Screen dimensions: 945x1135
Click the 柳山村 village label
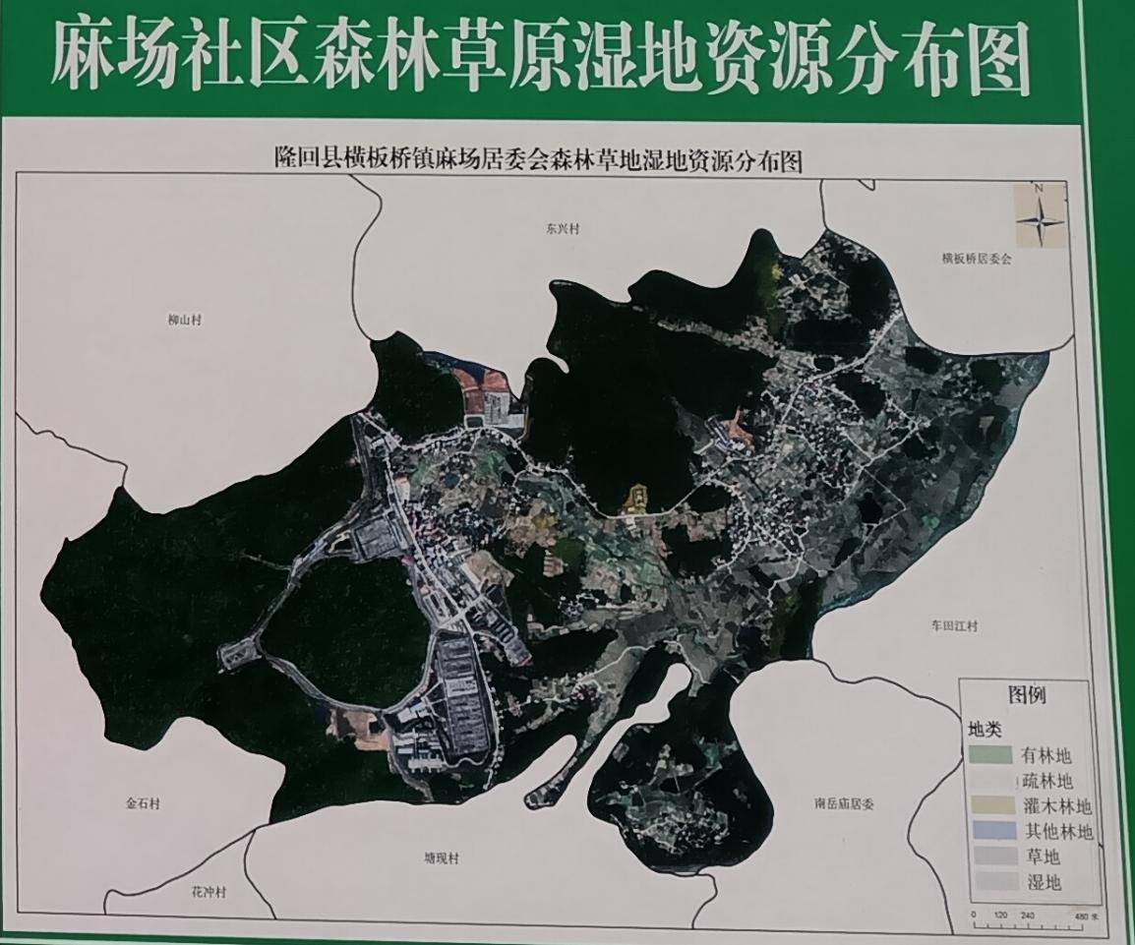click(183, 320)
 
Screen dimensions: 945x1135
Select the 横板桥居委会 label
click(976, 260)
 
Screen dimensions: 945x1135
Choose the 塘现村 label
click(442, 858)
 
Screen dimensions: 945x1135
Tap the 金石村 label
click(143, 803)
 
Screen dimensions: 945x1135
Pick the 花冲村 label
click(209, 892)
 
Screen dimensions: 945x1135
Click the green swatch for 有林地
click(989, 755)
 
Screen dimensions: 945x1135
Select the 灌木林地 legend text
click(1057, 806)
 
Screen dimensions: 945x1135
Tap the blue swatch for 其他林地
click(989, 832)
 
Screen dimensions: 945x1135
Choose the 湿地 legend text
click(1045, 882)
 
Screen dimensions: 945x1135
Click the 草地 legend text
click(1045, 857)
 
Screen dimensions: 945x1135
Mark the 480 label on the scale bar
click(1082, 916)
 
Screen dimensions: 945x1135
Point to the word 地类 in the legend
click(985, 730)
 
